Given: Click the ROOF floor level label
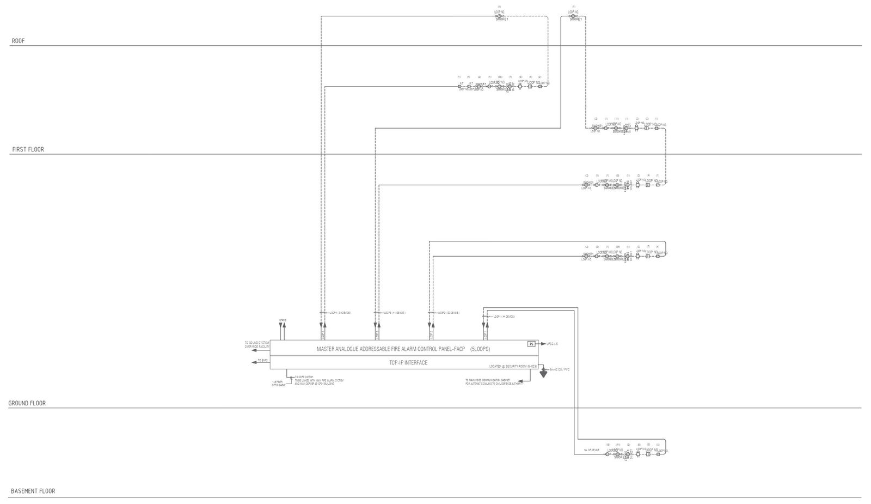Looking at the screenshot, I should pyautogui.click(x=18, y=41).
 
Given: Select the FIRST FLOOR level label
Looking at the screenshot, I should pyautogui.click(x=28, y=149).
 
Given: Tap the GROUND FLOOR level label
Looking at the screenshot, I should pyautogui.click(x=27, y=403).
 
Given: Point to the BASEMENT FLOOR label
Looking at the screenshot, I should pyautogui.click(x=33, y=491).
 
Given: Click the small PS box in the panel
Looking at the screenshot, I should pyautogui.click(x=531, y=344).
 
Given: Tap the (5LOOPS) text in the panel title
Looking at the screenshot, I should pyautogui.click(x=480, y=349).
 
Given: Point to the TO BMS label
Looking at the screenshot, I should pyautogui.click(x=263, y=361).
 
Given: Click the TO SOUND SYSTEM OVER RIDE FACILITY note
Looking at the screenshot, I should pyautogui.click(x=257, y=345).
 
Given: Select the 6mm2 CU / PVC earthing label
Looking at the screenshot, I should pyautogui.click(x=560, y=369).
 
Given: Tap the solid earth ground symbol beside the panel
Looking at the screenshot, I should pyautogui.click(x=543, y=374).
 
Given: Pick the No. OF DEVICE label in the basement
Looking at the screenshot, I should pyautogui.click(x=592, y=450).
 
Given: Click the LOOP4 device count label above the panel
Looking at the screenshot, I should pyautogui.click(x=340, y=313).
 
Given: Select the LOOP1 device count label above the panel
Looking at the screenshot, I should pyautogui.click(x=504, y=317).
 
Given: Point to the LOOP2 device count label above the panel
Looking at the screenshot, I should pyautogui.click(x=449, y=313).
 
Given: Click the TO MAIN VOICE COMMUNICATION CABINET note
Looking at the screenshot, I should pyautogui.click(x=494, y=382).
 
